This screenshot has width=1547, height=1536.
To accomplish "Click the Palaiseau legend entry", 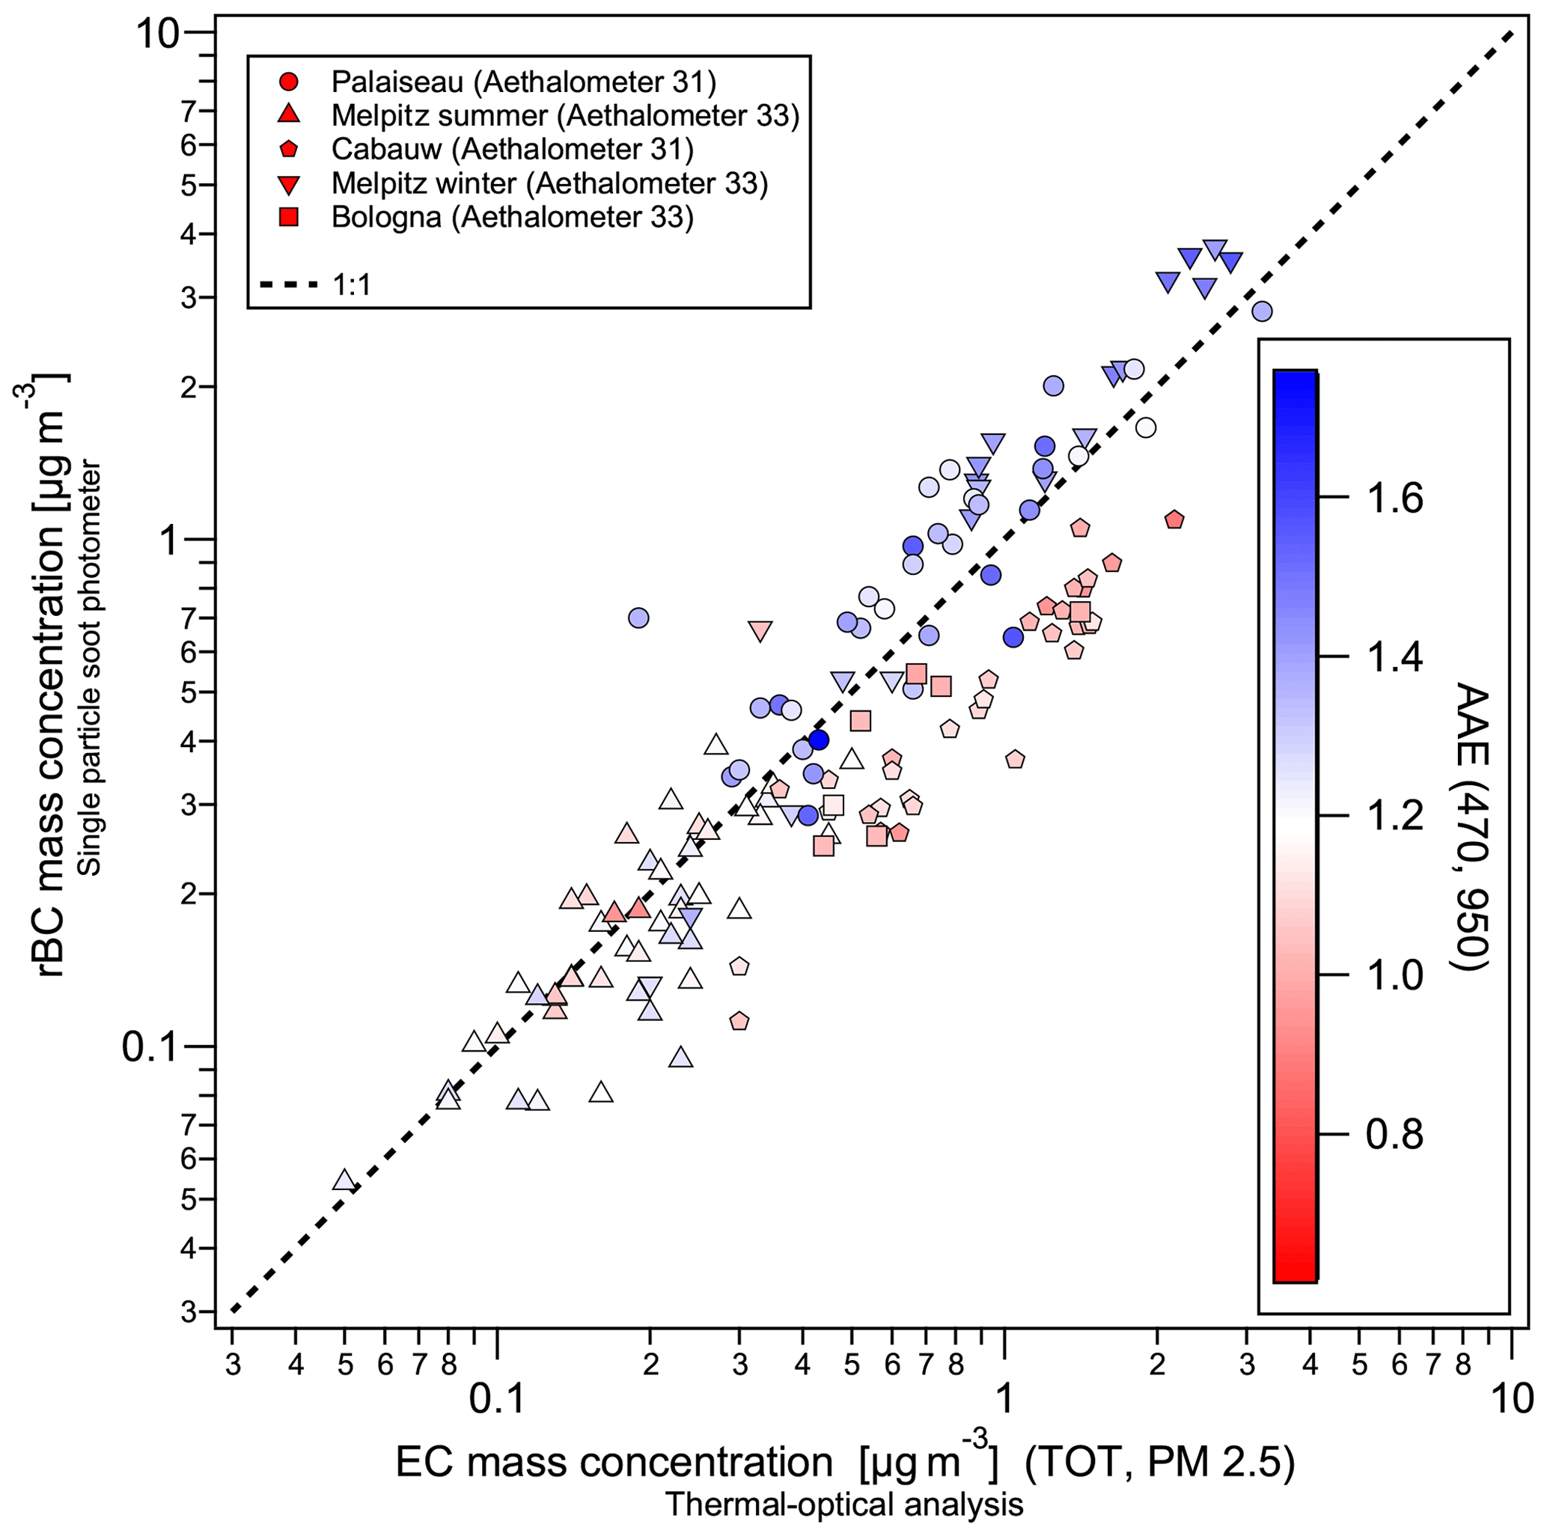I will [x=524, y=82].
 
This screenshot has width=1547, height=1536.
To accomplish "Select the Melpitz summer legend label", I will [x=565, y=115].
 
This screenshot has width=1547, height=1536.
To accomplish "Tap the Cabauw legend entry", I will [x=513, y=149].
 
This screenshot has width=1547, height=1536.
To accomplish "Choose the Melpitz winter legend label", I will [x=549, y=183].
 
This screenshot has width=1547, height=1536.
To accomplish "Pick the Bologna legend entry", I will [x=513, y=217].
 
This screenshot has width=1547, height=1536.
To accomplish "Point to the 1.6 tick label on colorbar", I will [x=1394, y=498].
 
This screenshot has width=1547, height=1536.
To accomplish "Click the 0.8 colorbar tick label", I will [x=1394, y=1135].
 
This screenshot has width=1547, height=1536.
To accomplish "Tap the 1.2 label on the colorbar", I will [x=1394, y=817].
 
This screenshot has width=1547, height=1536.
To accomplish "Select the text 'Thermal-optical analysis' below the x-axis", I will [x=844, y=1504].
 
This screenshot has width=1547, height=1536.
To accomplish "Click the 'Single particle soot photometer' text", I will [x=91, y=668].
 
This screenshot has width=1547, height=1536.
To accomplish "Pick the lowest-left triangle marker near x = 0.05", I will [x=344, y=1180].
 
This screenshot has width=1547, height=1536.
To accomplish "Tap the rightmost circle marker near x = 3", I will [x=1262, y=311].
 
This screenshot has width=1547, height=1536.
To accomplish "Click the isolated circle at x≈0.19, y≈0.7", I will [x=638, y=618].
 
